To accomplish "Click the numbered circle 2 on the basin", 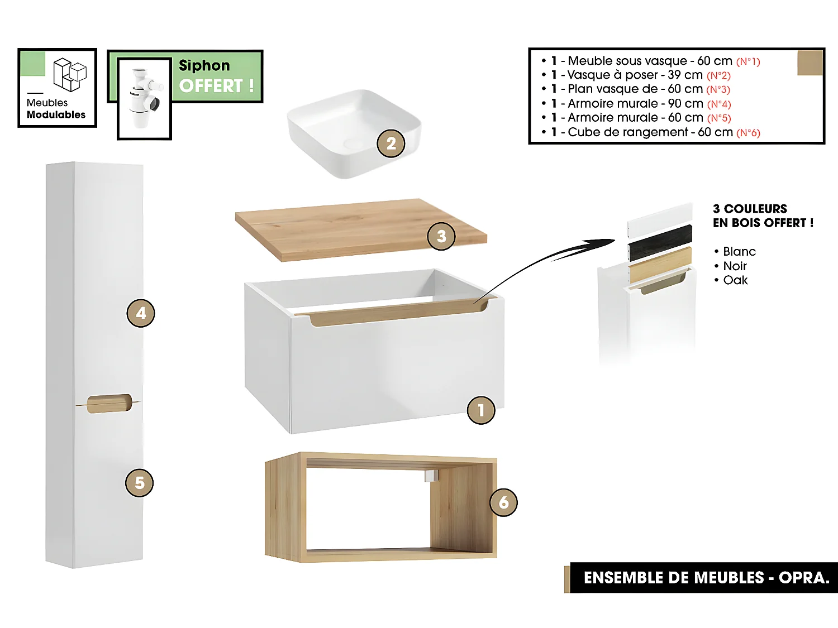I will pos(391,143).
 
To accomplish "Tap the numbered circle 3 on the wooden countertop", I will pos(441,236).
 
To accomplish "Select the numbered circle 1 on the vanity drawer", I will pos(481,410).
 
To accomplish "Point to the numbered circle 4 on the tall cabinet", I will pos(141,313).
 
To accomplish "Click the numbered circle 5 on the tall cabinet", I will pos(139,483).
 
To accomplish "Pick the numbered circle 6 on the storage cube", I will pos(503,502).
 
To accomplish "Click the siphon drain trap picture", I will pos(144,98).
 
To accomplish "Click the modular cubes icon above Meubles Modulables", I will pos(70,74).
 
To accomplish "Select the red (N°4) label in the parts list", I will pos(719,104).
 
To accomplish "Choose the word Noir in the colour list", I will pos(735,266).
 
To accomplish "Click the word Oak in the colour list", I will pos(735,280).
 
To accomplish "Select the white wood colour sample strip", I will pos(660,220).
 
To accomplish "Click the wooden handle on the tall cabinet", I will pos(109,404).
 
